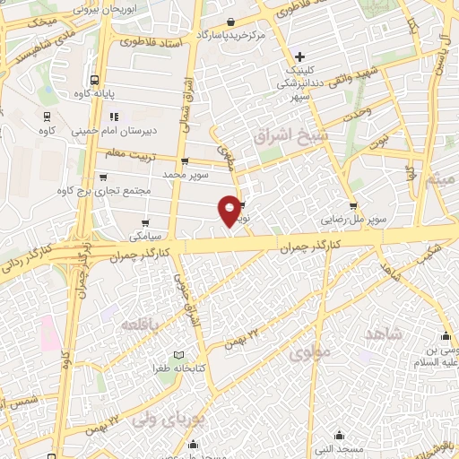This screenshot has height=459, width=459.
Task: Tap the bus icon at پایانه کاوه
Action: point(94,79)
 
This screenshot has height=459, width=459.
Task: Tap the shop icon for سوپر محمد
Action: point(185,162)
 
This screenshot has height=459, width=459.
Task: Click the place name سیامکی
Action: point(144,237)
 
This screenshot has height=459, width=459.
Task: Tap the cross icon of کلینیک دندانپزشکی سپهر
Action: point(300,57)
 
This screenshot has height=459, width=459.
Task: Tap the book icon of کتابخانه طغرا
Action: point(178,355)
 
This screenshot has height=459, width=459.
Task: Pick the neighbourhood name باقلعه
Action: point(143,323)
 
